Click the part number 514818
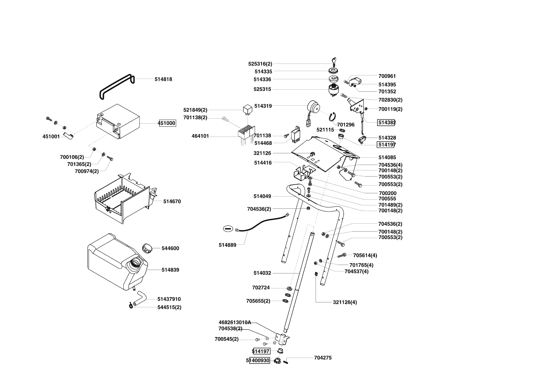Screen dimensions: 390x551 coord(163,79)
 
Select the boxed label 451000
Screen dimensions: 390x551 coord(166,123)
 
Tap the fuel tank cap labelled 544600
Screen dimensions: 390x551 coord(147,248)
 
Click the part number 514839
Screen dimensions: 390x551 coord(170,270)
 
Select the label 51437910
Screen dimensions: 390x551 coord(169,299)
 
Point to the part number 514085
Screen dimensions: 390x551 coord(387,157)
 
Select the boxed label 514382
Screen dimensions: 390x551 coord(386,122)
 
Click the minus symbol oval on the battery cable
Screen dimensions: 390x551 coord(228,229)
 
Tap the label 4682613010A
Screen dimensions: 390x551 coord(235,322)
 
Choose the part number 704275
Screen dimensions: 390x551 coord(323,358)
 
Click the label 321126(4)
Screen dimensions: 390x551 coord(345,302)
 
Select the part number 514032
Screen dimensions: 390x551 coord(262,273)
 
